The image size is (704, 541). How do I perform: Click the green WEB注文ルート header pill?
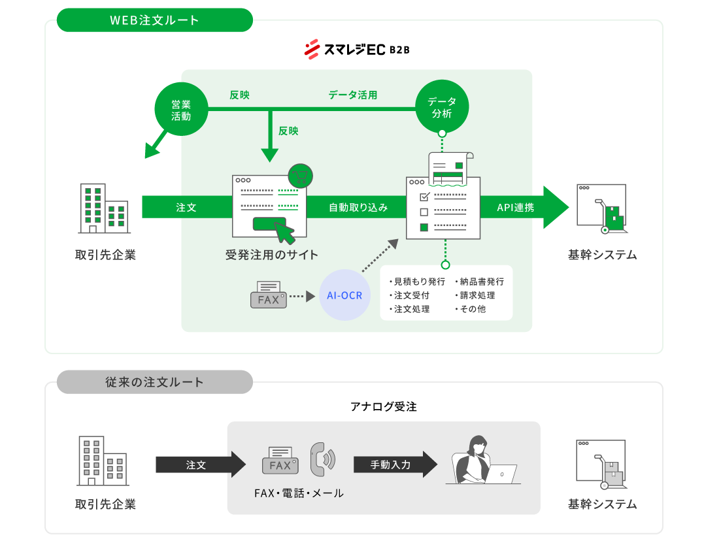pyautogui.click(x=154, y=20)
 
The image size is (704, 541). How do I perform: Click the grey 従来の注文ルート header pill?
pyautogui.click(x=154, y=382)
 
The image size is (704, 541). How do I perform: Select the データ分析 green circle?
pyautogui.click(x=442, y=107)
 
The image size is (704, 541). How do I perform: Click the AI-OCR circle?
pyautogui.click(x=345, y=295)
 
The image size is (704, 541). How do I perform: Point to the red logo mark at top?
pyautogui.click(x=312, y=49)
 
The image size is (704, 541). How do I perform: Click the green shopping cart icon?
pyautogui.click(x=301, y=176)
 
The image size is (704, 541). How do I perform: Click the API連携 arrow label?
pyautogui.click(x=515, y=208)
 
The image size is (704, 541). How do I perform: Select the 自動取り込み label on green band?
pyautogui.click(x=358, y=208)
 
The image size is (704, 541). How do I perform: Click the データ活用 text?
pyautogui.click(x=352, y=95)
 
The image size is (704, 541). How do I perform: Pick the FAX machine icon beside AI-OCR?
pyautogui.click(x=268, y=295)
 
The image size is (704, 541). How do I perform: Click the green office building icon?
pyautogui.click(x=103, y=208)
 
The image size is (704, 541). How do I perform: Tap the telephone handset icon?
pyautogui.click(x=322, y=458)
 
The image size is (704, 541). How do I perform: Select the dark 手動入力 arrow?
pyautogui.click(x=394, y=465)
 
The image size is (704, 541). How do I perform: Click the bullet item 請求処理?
pyautogui.click(x=477, y=295)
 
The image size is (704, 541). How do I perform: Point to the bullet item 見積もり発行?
pyautogui.click(x=418, y=282)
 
